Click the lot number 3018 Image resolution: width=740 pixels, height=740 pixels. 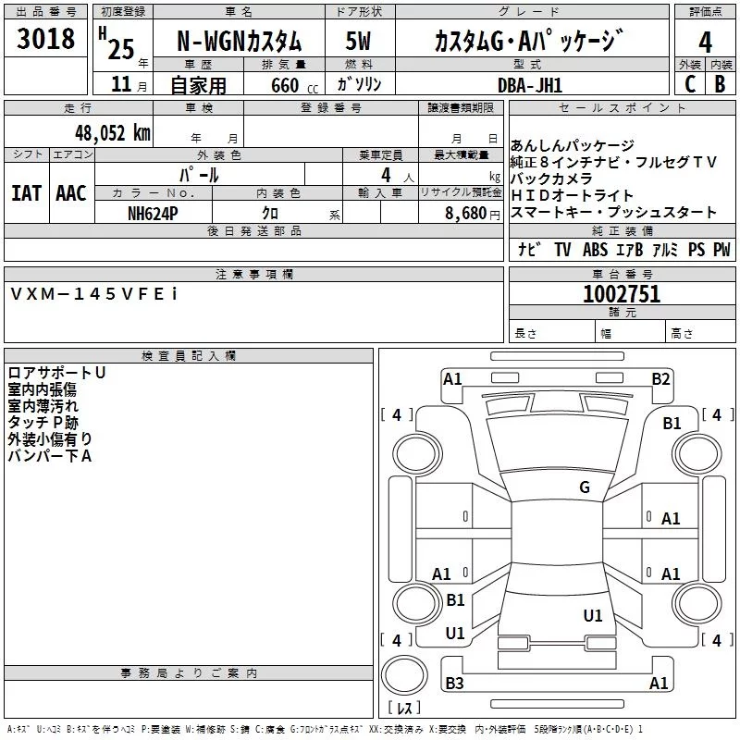click(45, 38)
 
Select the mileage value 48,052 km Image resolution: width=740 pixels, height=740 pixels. click(113, 133)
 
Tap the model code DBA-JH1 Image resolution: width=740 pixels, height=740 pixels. click(530, 85)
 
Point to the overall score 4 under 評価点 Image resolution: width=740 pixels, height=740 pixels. click(705, 42)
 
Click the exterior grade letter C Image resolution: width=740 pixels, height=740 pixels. click(690, 84)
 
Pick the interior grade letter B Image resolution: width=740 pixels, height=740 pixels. click(720, 84)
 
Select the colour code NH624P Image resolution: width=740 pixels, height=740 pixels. click(153, 214)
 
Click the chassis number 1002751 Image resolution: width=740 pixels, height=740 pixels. click(622, 293)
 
